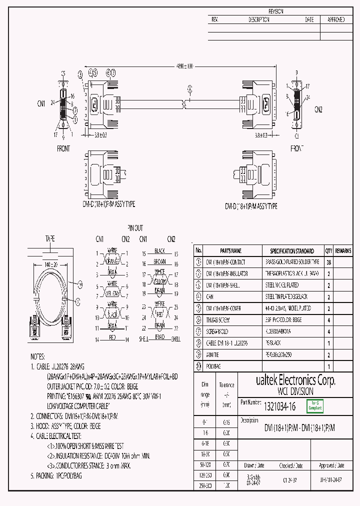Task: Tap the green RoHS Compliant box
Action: [315, 405]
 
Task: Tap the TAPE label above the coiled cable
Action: [50, 238]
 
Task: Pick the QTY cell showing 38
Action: [328, 262]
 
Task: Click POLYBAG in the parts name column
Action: [216, 366]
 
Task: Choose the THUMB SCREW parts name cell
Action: [219, 320]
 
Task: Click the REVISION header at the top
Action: [275, 11]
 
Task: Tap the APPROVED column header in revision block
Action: [336, 20]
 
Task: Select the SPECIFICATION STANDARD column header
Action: [292, 251]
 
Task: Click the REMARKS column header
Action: [343, 251]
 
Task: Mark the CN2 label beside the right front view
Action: [318, 109]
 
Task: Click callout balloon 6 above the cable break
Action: [189, 89]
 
